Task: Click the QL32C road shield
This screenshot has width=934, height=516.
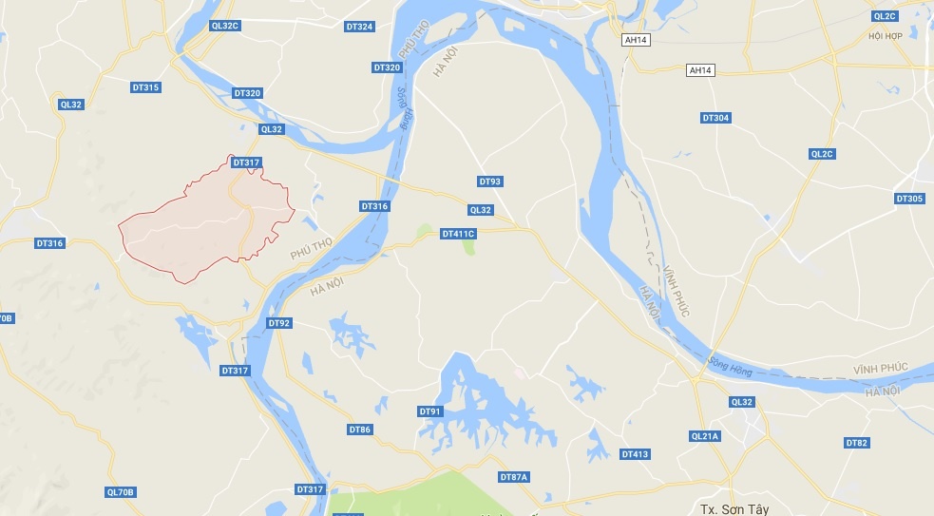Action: [x=224, y=26]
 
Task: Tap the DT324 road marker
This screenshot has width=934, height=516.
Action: [x=359, y=26]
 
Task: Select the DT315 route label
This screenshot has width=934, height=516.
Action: [x=145, y=87]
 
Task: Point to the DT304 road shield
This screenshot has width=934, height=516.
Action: [x=715, y=118]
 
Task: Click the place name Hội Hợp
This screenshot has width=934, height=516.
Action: [x=885, y=36]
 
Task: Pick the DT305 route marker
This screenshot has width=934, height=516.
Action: [x=909, y=199]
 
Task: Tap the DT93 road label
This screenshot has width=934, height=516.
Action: [x=490, y=182]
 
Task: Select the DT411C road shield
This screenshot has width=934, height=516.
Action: [x=458, y=234]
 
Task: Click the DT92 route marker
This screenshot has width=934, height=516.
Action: [x=279, y=324]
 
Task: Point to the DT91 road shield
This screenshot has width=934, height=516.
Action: [x=430, y=411]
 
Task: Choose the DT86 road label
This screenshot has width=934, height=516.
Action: [x=360, y=430]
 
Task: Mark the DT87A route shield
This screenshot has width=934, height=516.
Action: [x=513, y=476]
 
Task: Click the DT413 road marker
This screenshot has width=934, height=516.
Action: [x=635, y=454]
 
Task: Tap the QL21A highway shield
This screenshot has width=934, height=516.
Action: [x=706, y=436]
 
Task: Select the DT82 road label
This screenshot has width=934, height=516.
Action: [x=857, y=443]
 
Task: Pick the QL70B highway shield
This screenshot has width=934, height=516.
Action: [x=122, y=492]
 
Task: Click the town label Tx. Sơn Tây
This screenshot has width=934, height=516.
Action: [x=734, y=508]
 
